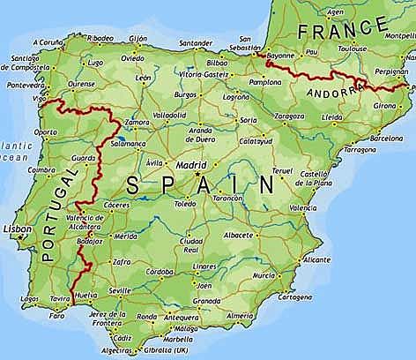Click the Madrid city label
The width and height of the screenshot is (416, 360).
coord(191,164)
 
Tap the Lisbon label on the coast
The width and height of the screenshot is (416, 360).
coord(18,228)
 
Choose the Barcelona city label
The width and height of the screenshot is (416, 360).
coord(386,138)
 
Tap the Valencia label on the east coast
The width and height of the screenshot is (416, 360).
coord(302,207)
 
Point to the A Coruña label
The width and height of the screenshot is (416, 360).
coord(48,41)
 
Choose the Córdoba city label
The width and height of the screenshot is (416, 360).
coord(160,272)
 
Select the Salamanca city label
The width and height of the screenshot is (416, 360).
coord(128,142)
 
